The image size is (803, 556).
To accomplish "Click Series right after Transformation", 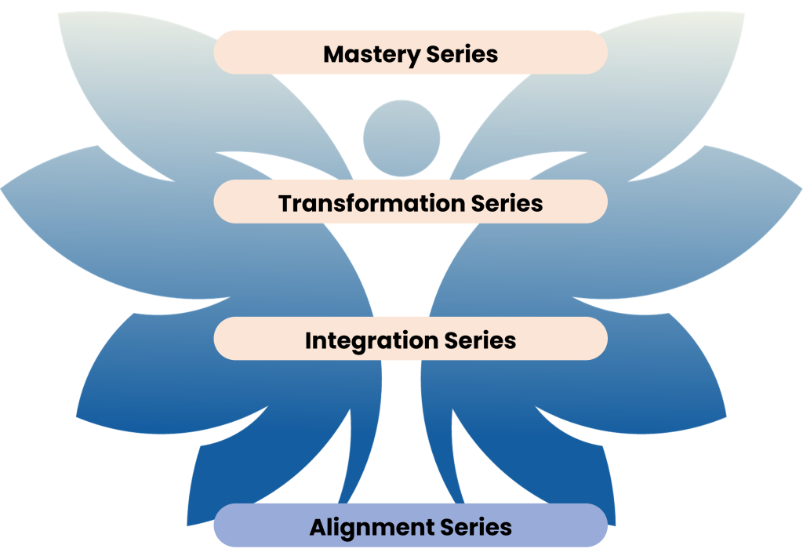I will tap(507, 204).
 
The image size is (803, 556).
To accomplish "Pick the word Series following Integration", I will tap(480, 341).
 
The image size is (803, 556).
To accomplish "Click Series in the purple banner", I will tap(475, 527).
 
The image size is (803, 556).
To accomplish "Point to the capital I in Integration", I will tap(308, 341).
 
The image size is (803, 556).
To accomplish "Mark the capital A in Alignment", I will tap(318, 527).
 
